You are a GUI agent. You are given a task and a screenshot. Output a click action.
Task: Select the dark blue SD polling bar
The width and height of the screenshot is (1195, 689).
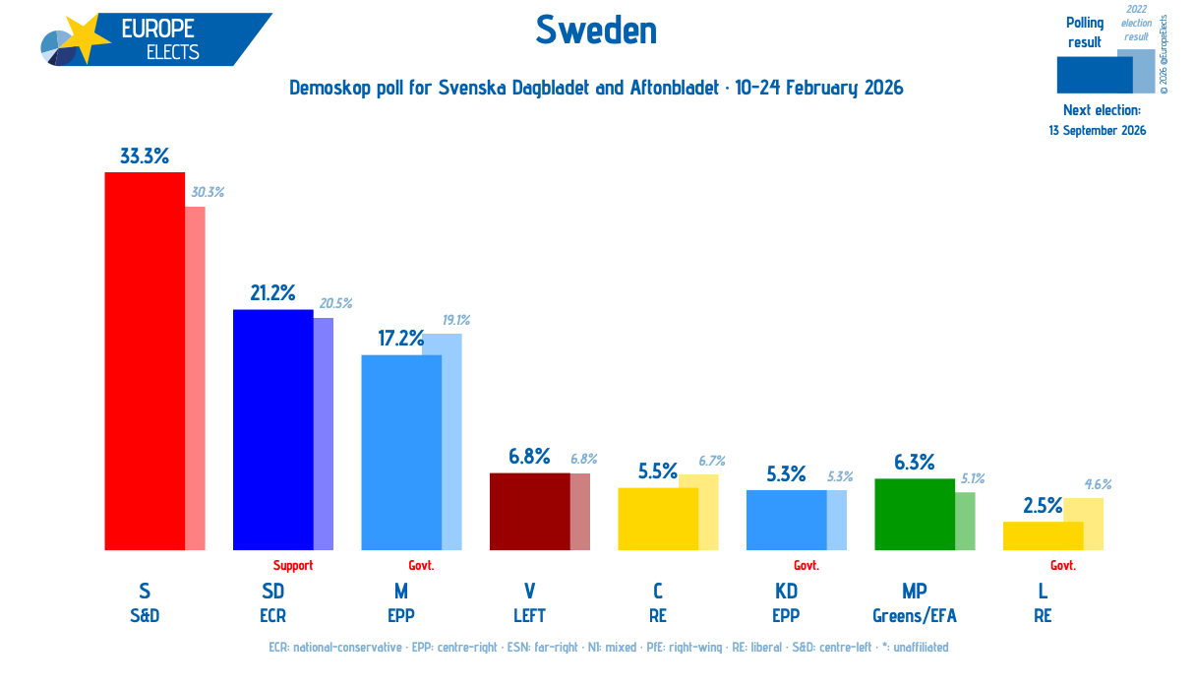272,430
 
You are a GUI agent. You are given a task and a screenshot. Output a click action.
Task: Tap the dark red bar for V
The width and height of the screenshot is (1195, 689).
529,512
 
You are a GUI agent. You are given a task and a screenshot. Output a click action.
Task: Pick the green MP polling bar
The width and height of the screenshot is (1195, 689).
914,515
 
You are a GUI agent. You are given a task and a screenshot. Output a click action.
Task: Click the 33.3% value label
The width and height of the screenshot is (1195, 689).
145,156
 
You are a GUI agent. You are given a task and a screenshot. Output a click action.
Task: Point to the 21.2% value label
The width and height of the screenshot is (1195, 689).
272,292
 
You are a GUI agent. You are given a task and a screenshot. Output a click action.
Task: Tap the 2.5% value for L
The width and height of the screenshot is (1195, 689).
1043,506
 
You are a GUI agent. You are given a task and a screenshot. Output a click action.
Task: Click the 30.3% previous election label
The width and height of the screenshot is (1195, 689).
207,192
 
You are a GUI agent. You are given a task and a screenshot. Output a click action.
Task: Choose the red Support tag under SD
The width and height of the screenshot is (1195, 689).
293,565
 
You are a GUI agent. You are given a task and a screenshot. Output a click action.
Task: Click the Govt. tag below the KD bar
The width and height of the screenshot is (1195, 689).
807,565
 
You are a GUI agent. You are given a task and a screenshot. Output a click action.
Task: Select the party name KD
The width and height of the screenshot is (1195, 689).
785,592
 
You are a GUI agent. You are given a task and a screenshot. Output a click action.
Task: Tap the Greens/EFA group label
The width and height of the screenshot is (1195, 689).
914,616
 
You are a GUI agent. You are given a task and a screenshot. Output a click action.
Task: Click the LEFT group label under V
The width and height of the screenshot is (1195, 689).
529,616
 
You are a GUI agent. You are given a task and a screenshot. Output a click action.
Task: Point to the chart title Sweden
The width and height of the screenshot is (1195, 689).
596,31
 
